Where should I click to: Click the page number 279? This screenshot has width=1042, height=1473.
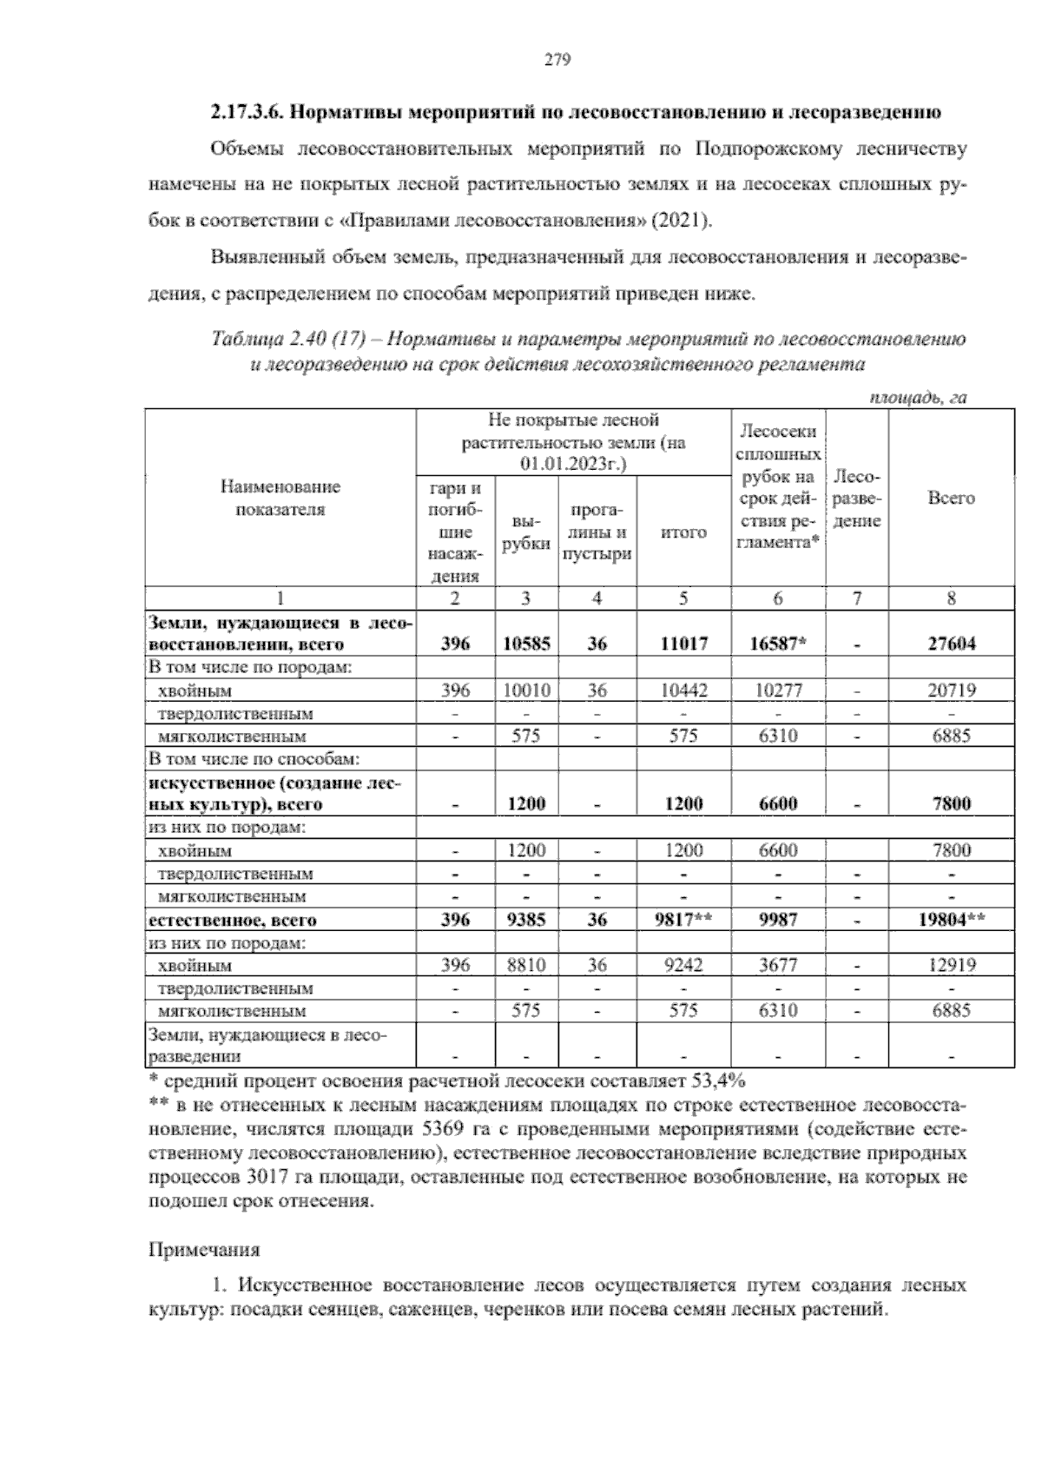[557, 60]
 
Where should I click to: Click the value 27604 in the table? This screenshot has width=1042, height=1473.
[951, 644]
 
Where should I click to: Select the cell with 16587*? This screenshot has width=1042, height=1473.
[777, 644]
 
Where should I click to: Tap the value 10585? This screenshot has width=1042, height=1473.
[526, 644]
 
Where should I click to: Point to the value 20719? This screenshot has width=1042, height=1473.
[951, 690]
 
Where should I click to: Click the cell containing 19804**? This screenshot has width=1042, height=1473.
[951, 920]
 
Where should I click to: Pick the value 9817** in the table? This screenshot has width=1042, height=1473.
[683, 920]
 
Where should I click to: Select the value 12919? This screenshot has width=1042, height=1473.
[951, 965]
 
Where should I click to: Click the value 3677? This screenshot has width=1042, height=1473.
[777, 965]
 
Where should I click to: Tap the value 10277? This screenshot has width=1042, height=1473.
[777, 690]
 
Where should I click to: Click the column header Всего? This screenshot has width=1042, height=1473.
[951, 499]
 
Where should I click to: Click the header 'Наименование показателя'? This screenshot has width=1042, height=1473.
[280, 499]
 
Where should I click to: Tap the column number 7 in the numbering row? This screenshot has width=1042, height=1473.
[856, 598]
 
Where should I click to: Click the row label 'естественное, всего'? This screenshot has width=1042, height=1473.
[233, 920]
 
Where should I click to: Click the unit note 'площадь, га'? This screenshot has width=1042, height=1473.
[918, 397]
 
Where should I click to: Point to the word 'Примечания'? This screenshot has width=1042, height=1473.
[205, 1251]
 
